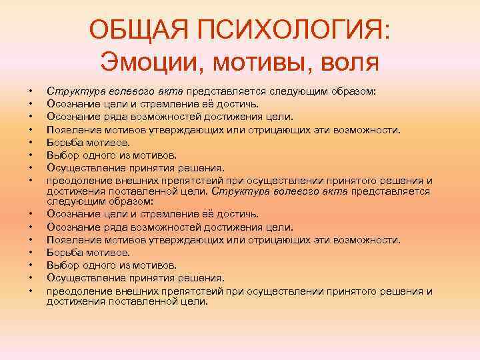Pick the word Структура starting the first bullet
pyautogui.click(x=70, y=92)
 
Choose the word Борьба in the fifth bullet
pyautogui.click(x=63, y=142)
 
